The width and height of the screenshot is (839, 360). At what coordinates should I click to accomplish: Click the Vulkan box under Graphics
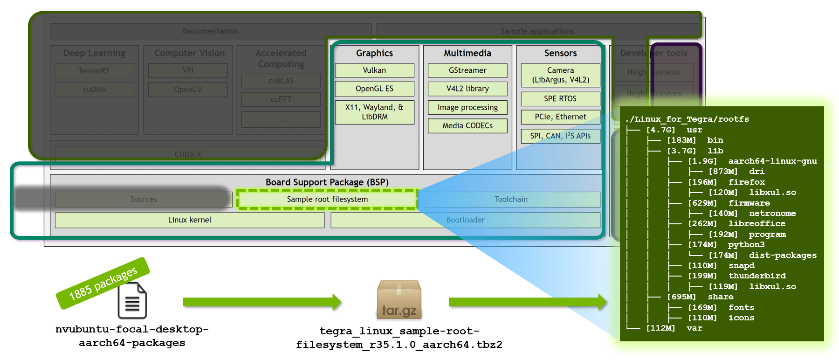pyautogui.click(x=374, y=70)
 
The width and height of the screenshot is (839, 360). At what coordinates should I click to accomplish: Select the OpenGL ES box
pyautogui.click(x=374, y=89)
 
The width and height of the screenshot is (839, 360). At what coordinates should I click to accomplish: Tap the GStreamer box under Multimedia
pyautogui.click(x=468, y=70)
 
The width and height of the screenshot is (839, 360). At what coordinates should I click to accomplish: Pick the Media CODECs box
pyautogui.click(x=468, y=126)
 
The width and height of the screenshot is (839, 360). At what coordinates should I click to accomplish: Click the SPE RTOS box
pyautogui.click(x=560, y=99)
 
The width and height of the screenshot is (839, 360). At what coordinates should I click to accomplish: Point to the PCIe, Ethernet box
pyautogui.click(x=560, y=117)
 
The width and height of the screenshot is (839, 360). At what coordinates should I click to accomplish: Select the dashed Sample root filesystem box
pyautogui.click(x=327, y=199)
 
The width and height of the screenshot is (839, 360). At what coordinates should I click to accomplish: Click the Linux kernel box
pyautogui.click(x=190, y=220)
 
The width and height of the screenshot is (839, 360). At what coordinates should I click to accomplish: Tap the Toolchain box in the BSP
pyautogui.click(x=511, y=199)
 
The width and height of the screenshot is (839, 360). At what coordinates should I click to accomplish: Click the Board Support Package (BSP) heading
pyautogui.click(x=327, y=182)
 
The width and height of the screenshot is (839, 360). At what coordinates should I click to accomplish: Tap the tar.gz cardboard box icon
pyautogui.click(x=399, y=300)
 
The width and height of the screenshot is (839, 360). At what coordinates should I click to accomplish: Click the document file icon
pyautogui.click(x=132, y=301)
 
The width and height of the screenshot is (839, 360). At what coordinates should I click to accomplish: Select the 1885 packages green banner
pyautogui.click(x=103, y=283)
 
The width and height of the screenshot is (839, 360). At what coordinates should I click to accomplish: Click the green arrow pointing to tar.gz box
pyautogui.click(x=261, y=302)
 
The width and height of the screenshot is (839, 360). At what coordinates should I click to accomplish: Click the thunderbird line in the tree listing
pyautogui.click(x=756, y=276)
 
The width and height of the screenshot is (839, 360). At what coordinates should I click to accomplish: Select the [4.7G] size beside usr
pyautogui.click(x=660, y=130)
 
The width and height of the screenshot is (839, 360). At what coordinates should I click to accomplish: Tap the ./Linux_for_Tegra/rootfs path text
pyautogui.click(x=687, y=119)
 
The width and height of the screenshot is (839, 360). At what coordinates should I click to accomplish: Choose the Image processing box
pyautogui.click(x=468, y=108)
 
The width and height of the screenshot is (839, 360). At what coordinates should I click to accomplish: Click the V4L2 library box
pyautogui.click(x=468, y=89)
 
